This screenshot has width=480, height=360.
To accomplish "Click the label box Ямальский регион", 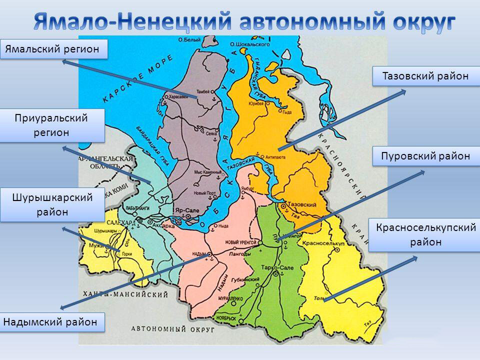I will [54, 48].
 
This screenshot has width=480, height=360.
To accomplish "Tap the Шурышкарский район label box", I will [52, 204].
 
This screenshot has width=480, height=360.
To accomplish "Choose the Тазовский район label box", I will [425, 76].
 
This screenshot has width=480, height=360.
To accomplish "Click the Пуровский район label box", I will [426, 155].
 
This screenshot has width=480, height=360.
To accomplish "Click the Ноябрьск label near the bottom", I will [224, 318].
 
